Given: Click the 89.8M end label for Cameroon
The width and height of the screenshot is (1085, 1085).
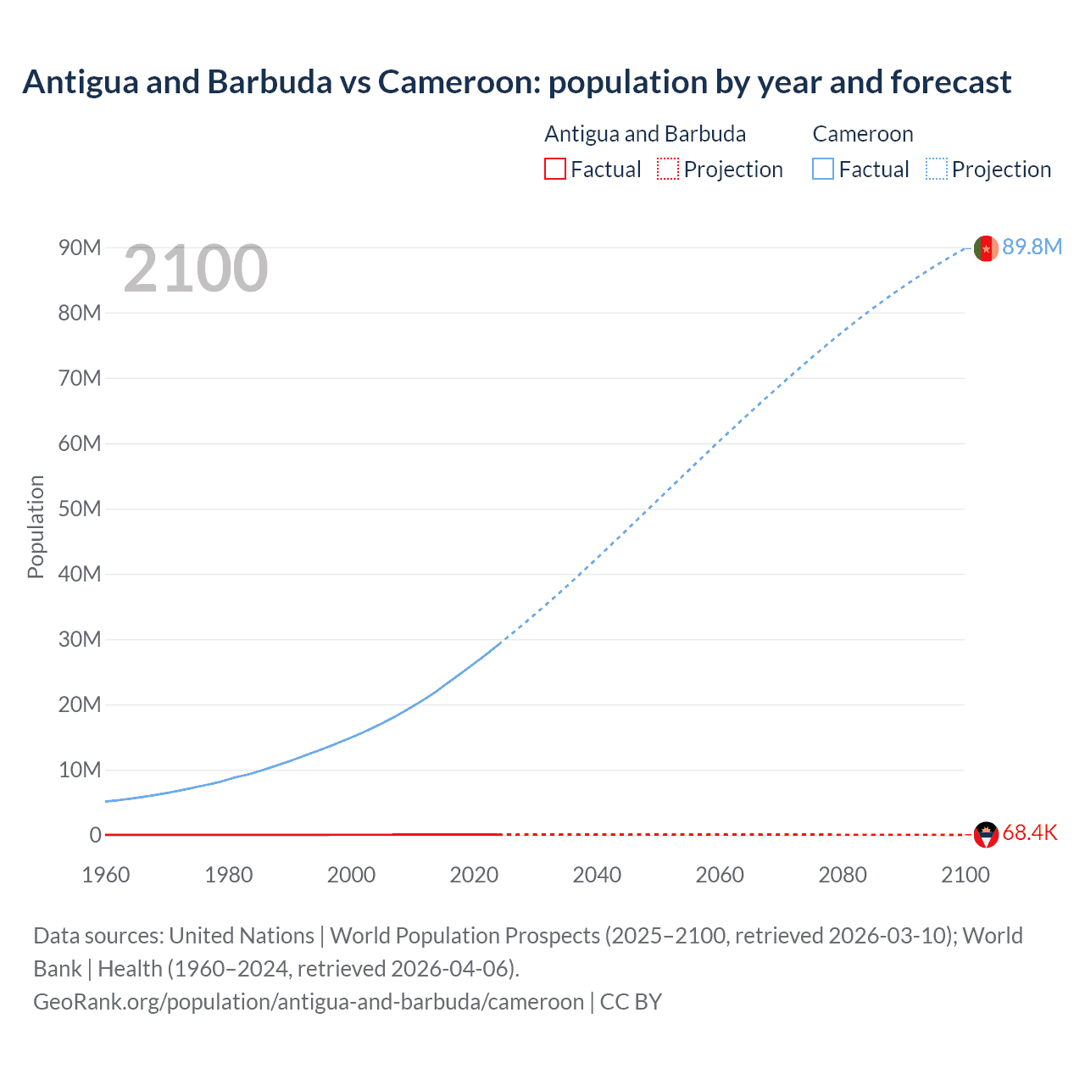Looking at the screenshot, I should click(x=1032, y=247).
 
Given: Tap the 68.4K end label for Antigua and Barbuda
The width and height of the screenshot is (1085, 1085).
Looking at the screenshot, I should click(x=1029, y=833).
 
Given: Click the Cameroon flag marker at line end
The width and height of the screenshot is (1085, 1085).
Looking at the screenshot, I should click(x=986, y=248).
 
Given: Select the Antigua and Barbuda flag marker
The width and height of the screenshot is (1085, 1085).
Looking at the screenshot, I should click(x=986, y=835).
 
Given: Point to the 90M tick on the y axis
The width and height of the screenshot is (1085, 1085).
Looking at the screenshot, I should click(x=80, y=248).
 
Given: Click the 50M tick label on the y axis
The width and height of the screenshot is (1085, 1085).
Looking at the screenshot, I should click(x=80, y=509).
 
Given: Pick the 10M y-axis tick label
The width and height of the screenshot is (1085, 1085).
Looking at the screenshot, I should click(x=80, y=770).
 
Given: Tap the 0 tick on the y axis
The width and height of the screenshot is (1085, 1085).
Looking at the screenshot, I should click(x=95, y=835).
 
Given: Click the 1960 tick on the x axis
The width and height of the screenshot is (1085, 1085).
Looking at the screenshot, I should click(x=106, y=875).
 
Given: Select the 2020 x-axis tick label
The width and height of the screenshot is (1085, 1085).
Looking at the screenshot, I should click(x=474, y=875).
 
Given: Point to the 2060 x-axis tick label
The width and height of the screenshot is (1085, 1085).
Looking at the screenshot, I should click(x=720, y=875).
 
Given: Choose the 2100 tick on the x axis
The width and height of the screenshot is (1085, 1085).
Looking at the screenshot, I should click(x=965, y=875).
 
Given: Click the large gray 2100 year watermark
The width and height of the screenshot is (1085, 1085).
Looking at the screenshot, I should click(x=196, y=270).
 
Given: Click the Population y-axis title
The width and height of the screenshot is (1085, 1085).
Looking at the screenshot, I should click(x=36, y=526).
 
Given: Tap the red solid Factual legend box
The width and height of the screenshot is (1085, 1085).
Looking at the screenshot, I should click(x=554, y=169).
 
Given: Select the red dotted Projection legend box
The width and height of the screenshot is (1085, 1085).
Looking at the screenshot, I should click(x=668, y=169).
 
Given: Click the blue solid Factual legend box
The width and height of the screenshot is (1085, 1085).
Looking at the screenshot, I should click(x=822, y=169).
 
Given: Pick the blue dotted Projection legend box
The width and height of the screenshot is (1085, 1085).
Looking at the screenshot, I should click(x=936, y=169).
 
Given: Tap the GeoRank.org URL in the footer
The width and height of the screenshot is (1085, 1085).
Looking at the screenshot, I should click(x=309, y=1001).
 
